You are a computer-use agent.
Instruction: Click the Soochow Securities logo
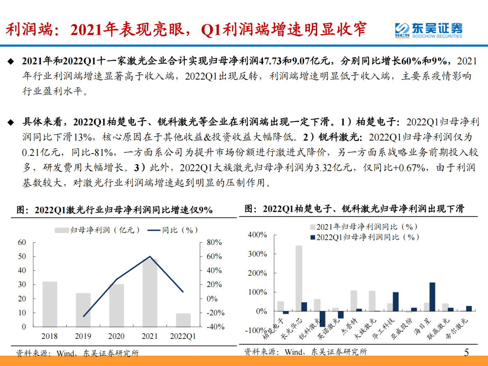click(428, 30)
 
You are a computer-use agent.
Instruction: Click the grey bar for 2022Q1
click(183, 320)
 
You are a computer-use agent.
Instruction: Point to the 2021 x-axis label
click(150, 336)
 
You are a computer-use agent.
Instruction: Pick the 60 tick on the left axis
click(22, 242)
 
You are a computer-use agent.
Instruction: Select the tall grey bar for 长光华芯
click(299, 278)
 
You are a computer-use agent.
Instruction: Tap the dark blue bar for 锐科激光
click(323, 319)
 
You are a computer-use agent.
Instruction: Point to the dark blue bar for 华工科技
click(395, 302)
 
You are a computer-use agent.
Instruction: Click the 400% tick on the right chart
click(258, 235)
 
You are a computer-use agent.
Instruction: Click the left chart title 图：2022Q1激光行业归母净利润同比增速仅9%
click(115, 210)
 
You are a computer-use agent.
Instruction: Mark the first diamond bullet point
click(11, 61)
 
